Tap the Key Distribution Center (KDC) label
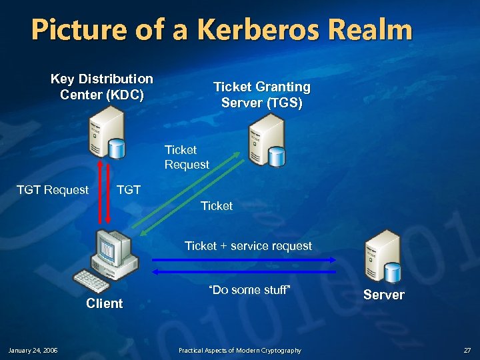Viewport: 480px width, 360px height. pos(102,87)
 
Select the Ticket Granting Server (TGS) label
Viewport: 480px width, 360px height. pos(261,95)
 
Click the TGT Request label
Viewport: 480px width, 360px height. pos(53,189)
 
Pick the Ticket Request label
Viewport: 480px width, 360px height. pos(187,157)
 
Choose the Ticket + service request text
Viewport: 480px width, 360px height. pos(248,246)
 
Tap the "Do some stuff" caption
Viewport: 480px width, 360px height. pos(250,290)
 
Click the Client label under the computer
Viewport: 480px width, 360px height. pos(105,303)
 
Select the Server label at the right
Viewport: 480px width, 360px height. pos(384,295)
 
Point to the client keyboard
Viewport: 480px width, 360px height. pos(92,281)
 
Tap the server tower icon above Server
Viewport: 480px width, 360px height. pos(382,256)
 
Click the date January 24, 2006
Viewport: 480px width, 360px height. pos(33,350)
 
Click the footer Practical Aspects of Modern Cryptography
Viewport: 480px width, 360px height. pos(239,350)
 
